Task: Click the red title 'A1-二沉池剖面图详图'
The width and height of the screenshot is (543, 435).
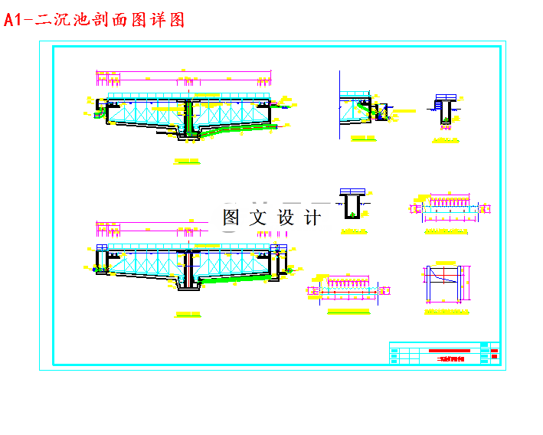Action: (x=95, y=20)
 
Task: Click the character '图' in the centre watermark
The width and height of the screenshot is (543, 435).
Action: (x=231, y=217)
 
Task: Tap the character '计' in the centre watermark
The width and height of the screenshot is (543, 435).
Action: (x=312, y=217)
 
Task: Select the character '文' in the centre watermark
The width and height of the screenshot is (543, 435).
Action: (x=258, y=217)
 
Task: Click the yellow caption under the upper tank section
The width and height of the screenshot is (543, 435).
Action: (x=187, y=162)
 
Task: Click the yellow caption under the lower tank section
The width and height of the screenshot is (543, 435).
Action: (x=187, y=314)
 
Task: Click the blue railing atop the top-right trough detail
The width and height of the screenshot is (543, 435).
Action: (x=445, y=97)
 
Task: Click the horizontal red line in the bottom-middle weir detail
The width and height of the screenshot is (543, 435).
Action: (x=348, y=291)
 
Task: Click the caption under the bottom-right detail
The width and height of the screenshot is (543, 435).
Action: (x=448, y=312)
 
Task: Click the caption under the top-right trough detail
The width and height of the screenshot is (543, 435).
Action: (x=445, y=141)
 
